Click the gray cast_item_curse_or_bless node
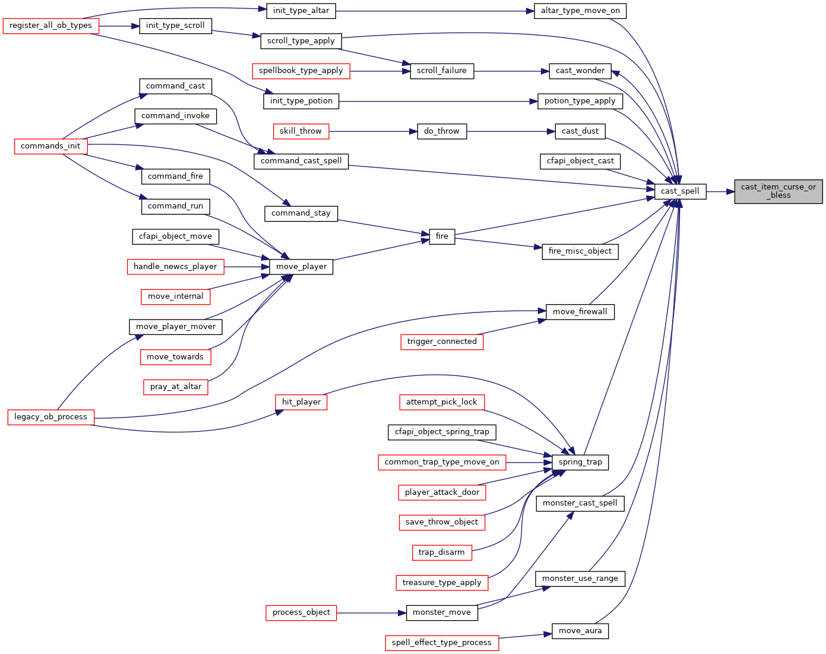tap(778, 191)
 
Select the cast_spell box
tap(680, 191)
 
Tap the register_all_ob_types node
tap(50, 26)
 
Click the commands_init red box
tap(50, 146)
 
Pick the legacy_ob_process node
tap(50, 417)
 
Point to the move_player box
tap(301, 267)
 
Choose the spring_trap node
tap(580, 462)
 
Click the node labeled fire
tap(442, 236)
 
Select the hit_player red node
tap(301, 402)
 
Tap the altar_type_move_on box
tap(580, 11)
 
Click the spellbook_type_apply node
tap(301, 71)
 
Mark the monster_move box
tap(442, 612)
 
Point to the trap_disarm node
tap(442, 552)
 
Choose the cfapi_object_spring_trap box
tap(442, 432)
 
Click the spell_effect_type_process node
tap(442, 643)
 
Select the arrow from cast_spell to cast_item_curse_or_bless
tap(720, 192)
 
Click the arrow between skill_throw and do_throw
tap(373, 131)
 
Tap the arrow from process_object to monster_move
tap(371, 613)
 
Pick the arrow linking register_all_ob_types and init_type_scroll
tap(119, 26)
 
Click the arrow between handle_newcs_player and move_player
tap(246, 267)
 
